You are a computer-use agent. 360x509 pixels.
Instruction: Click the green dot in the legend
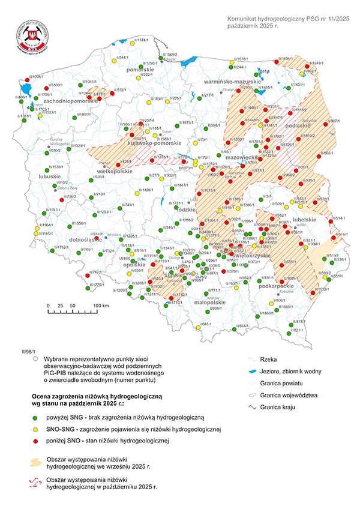pyautogui.click(x=35, y=417)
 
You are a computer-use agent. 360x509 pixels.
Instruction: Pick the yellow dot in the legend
pyautogui.click(x=35, y=429)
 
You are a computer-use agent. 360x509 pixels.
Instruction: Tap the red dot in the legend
pyautogui.click(x=35, y=441)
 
